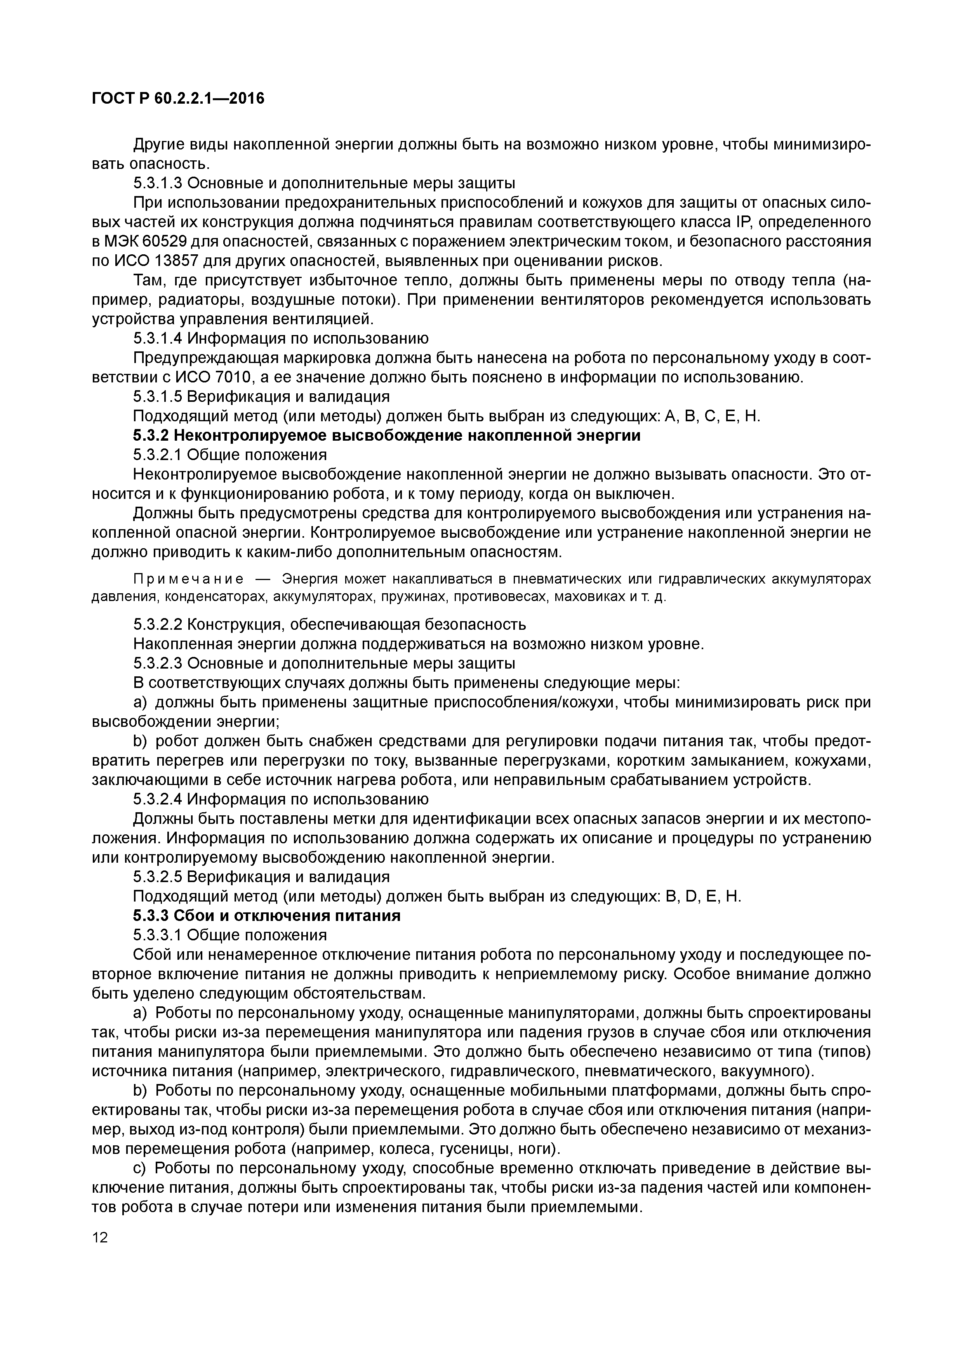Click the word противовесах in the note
click(500, 596)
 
